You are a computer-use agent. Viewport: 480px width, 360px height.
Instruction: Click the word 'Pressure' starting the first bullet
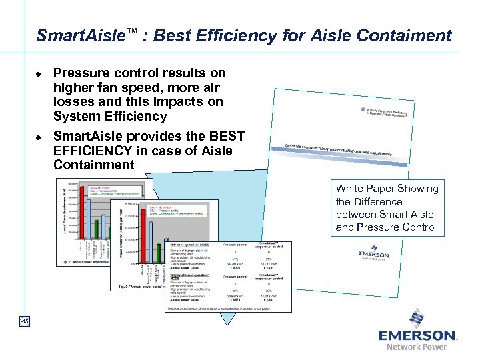[79, 73]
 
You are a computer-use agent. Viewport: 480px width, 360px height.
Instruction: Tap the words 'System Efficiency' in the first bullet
[110, 116]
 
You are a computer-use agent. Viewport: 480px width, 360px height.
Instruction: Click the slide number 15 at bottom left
[23, 322]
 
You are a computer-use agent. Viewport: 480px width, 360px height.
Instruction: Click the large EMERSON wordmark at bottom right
[417, 335]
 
